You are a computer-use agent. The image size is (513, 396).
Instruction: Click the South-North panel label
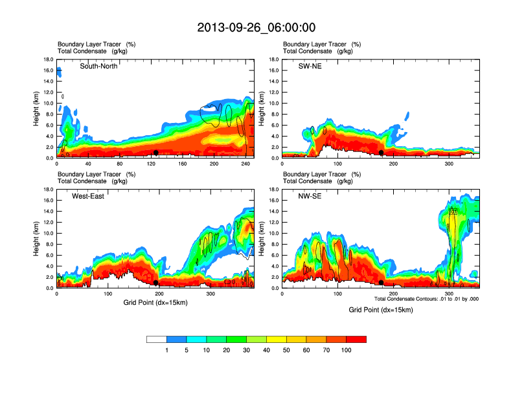click(98, 66)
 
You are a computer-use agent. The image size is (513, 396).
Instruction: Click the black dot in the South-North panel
click(156, 152)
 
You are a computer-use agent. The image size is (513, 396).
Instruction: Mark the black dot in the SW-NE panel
click(382, 153)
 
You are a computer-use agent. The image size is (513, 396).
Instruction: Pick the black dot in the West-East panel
click(156, 283)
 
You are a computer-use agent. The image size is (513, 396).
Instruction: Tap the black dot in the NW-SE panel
click(382, 283)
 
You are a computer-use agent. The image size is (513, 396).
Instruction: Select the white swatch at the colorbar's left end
click(157, 339)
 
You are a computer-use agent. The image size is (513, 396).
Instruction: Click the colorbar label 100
click(347, 350)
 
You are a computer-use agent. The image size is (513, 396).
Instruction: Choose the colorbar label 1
click(167, 350)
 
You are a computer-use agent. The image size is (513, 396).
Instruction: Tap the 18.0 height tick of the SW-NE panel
click(275, 60)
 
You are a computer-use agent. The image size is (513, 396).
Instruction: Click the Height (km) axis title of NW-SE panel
click(262, 239)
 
